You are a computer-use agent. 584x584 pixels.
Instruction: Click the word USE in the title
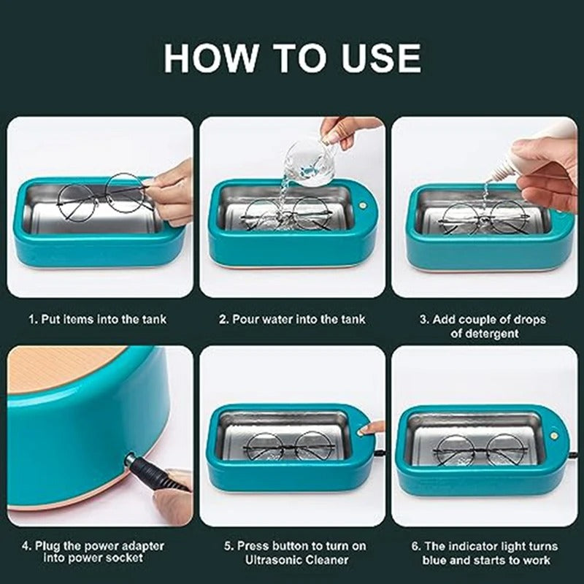pos(381,58)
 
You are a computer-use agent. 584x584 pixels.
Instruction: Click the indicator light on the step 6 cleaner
pos(554,435)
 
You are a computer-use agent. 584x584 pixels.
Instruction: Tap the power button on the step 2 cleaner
pos(361,205)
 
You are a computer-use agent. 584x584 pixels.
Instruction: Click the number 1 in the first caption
pos(32,319)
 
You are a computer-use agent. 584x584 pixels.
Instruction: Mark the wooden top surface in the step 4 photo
pos(60,368)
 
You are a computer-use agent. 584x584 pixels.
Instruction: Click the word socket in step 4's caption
pos(124,558)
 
